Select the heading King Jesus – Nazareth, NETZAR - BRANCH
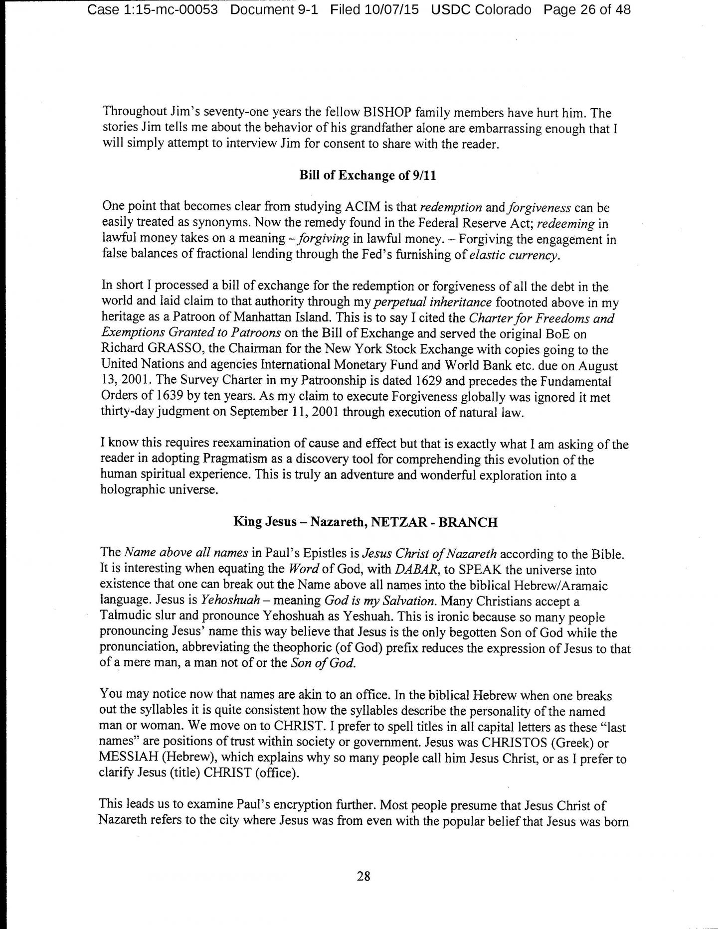(x=365, y=522)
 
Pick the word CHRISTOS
(x=514, y=743)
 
